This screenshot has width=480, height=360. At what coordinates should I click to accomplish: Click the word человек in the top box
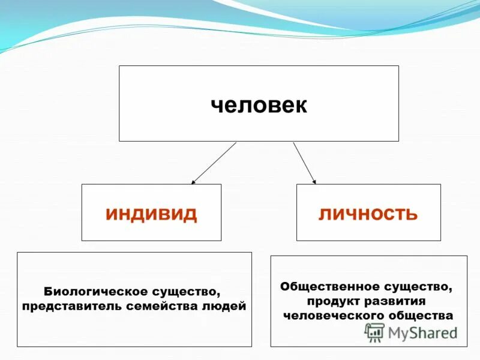[x=259, y=105]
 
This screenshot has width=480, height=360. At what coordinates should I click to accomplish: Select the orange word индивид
[x=151, y=214]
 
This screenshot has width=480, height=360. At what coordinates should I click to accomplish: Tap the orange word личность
[x=368, y=214]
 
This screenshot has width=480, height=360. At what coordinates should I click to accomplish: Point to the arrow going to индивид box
[x=214, y=163]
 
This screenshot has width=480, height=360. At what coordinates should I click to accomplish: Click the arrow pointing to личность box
[x=304, y=163]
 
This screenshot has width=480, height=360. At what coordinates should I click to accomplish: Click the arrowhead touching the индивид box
[x=193, y=181]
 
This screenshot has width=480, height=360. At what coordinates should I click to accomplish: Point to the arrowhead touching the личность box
[x=314, y=181]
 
